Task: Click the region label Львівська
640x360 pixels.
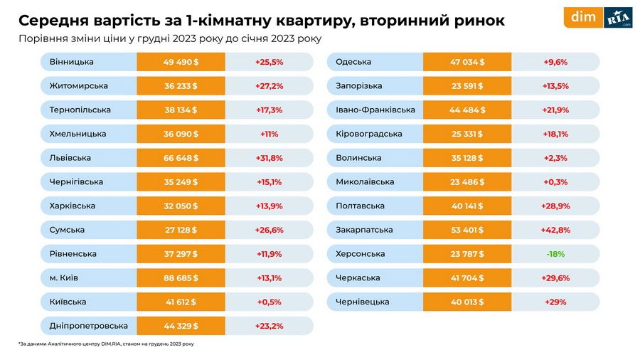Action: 70,158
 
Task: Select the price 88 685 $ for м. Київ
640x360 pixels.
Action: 181,278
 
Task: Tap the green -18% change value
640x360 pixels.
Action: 555,254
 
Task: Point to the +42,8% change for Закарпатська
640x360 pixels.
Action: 555,230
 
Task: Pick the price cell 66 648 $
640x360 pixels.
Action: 181,158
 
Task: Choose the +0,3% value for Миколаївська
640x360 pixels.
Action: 555,182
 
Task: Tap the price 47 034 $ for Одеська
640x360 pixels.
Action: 467,62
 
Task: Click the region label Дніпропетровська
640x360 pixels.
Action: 89,326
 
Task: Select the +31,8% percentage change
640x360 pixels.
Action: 269,158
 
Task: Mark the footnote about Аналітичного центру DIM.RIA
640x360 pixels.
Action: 106,344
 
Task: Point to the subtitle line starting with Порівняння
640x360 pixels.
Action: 170,38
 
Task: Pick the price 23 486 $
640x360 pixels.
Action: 467,182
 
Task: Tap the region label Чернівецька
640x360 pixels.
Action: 363,302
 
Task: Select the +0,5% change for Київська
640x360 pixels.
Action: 269,302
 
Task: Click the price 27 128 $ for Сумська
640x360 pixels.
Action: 181,230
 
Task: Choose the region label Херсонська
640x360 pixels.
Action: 361,254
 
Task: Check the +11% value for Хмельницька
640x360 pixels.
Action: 269,134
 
